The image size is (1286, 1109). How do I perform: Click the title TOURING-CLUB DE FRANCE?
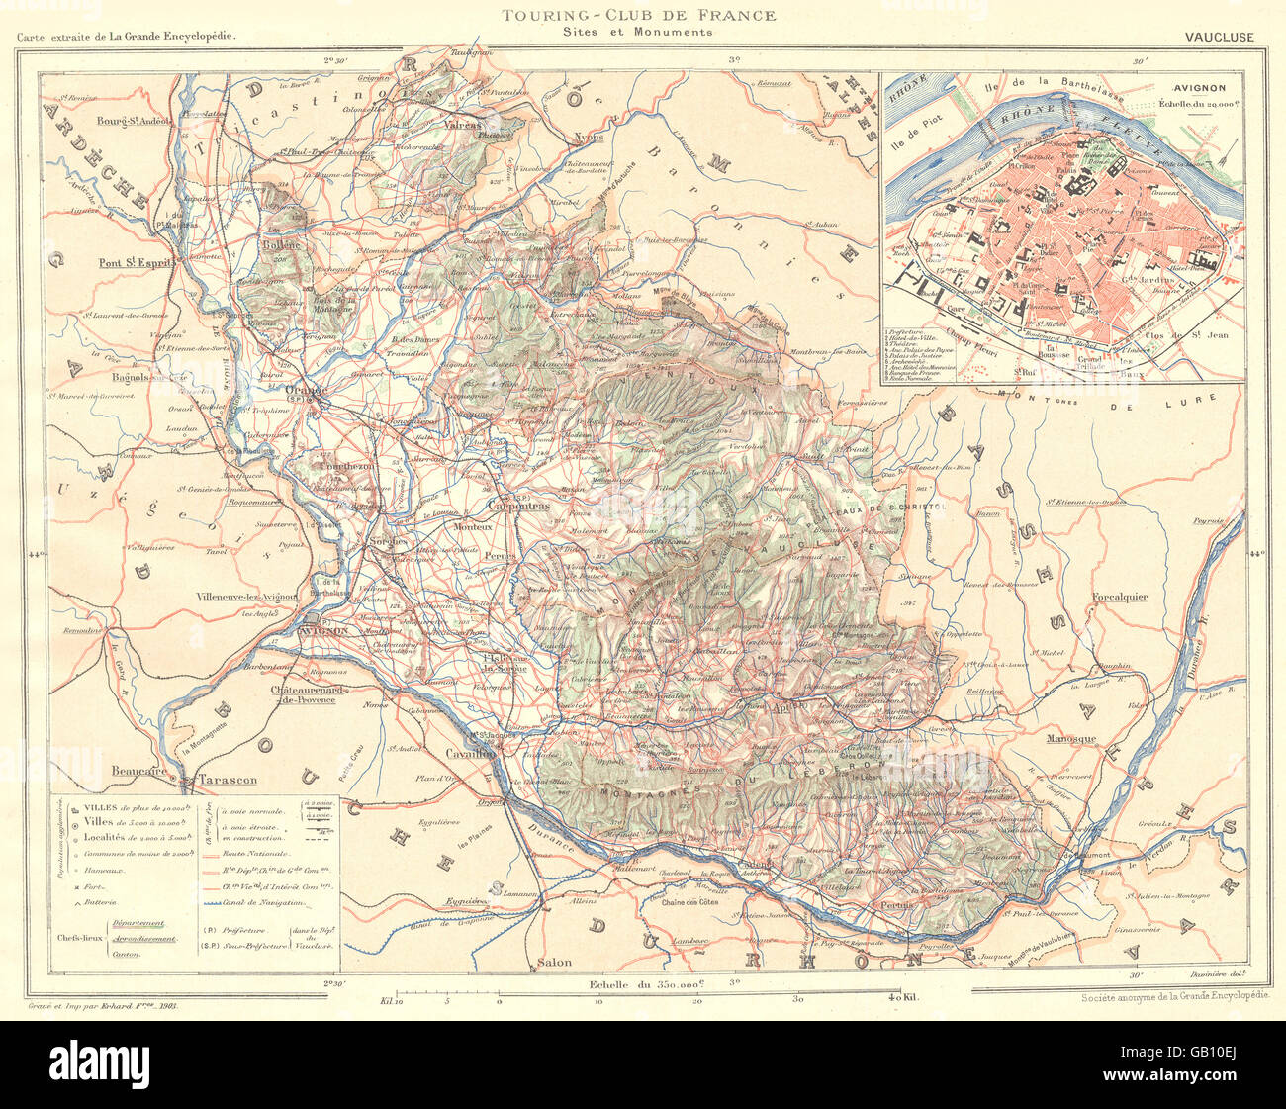coord(638,15)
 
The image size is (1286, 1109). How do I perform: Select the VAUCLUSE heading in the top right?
coord(1218,37)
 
